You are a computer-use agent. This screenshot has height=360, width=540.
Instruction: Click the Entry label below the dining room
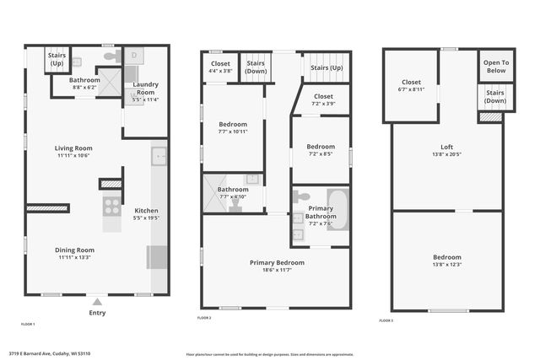pos(97,313)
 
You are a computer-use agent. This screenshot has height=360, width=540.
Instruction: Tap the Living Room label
pos(74,148)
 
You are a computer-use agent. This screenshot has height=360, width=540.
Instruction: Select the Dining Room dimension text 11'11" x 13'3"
pos(74,257)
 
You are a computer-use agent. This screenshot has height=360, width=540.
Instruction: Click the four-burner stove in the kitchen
pos(112,206)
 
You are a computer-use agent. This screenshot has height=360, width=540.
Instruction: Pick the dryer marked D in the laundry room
pos(135,56)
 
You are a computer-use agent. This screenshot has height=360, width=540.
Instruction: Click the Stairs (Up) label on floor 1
pos(57,60)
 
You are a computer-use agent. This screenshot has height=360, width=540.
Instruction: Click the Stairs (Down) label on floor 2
pos(255,67)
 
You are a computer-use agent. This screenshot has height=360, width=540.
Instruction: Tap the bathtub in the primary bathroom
pos(338,209)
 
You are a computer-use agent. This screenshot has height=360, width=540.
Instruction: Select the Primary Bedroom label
pos(277,262)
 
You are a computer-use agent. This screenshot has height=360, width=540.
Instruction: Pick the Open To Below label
pos(495,67)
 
